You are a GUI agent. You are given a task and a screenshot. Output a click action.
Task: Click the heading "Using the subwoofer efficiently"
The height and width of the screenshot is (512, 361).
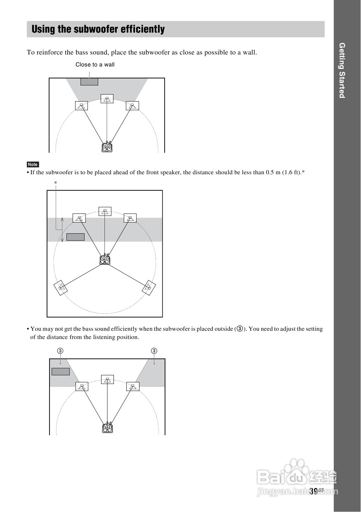98,29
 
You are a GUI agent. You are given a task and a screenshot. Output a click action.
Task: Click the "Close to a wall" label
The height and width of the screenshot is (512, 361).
95,64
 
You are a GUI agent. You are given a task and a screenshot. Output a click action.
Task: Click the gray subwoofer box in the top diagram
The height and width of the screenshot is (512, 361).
89,82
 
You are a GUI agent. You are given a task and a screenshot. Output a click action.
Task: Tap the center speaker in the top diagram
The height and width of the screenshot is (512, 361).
107,99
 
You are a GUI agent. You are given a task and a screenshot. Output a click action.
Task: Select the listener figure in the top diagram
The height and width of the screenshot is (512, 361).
107,147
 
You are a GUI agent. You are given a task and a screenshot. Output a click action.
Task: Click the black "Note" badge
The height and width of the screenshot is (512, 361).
33,164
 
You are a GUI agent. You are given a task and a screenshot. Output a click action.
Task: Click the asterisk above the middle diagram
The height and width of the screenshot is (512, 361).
55,183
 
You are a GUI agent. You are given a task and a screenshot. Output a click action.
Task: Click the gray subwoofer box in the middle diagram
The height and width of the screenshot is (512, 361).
76,237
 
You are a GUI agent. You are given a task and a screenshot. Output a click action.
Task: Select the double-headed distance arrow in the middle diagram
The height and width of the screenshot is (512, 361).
62,230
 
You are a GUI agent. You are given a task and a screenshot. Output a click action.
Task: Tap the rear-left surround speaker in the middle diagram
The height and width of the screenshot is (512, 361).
61,287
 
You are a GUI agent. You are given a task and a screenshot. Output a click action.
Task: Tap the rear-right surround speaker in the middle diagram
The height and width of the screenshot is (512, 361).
149,287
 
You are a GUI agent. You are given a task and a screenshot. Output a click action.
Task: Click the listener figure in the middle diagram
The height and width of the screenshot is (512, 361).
105,259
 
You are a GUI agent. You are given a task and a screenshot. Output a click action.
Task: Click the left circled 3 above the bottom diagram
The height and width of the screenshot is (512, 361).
60,351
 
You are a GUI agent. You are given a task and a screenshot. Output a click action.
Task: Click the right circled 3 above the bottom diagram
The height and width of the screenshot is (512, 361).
154,351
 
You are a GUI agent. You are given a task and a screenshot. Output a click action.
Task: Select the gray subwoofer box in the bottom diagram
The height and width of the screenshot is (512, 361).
61,371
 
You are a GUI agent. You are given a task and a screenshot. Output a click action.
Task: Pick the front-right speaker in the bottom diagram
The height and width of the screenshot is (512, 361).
132,386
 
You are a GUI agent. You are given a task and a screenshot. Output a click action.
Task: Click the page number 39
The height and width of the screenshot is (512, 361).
314,491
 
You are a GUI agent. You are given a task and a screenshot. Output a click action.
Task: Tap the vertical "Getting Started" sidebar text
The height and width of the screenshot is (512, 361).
342,70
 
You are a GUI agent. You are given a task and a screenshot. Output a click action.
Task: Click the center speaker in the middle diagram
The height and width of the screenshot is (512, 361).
105,212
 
